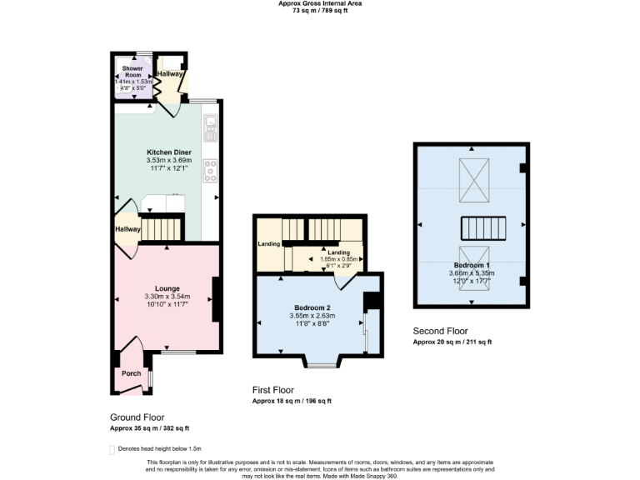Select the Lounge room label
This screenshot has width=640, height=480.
pos(167,288)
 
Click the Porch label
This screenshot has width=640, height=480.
pos(131,373)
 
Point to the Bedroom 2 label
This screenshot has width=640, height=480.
pos(312,307)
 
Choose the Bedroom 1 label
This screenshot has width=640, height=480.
pos(472,265)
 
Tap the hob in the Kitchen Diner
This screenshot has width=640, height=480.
pos(210,170)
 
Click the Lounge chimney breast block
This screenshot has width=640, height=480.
pos(217,299)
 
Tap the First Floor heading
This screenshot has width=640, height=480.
pos(273,390)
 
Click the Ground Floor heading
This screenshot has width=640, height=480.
pos(137,417)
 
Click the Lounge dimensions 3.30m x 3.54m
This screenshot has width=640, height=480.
pos(167,297)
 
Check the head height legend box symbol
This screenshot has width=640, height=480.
pos(112,449)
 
